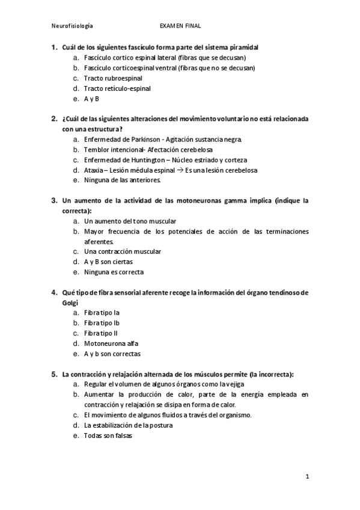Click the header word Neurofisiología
tap(72, 26)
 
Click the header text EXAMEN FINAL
tap(180, 26)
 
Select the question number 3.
tap(54, 200)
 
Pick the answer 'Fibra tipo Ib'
tap(102, 323)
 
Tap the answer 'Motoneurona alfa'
tap(111, 343)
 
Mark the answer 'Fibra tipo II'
tap(101, 333)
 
